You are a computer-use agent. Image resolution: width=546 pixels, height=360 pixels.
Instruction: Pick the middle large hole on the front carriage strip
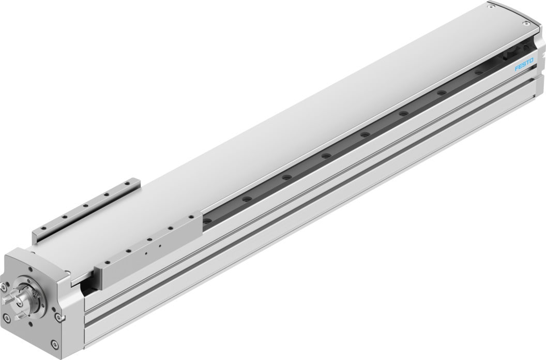(148, 240)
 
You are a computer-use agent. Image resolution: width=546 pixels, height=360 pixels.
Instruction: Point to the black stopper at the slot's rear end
(514, 51)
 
